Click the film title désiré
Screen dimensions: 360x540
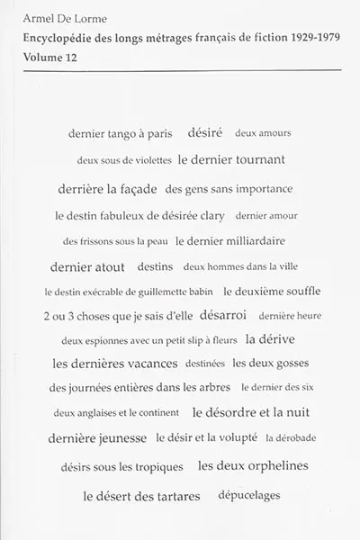click(x=204, y=132)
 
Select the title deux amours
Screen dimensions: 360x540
click(x=263, y=133)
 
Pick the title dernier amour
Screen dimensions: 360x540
click(x=265, y=216)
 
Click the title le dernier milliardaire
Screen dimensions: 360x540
click(x=230, y=241)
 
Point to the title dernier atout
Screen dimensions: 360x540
click(x=87, y=266)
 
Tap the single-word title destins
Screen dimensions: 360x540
click(x=156, y=267)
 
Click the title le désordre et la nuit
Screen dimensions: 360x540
click(x=251, y=414)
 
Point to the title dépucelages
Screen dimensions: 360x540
click(x=248, y=495)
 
